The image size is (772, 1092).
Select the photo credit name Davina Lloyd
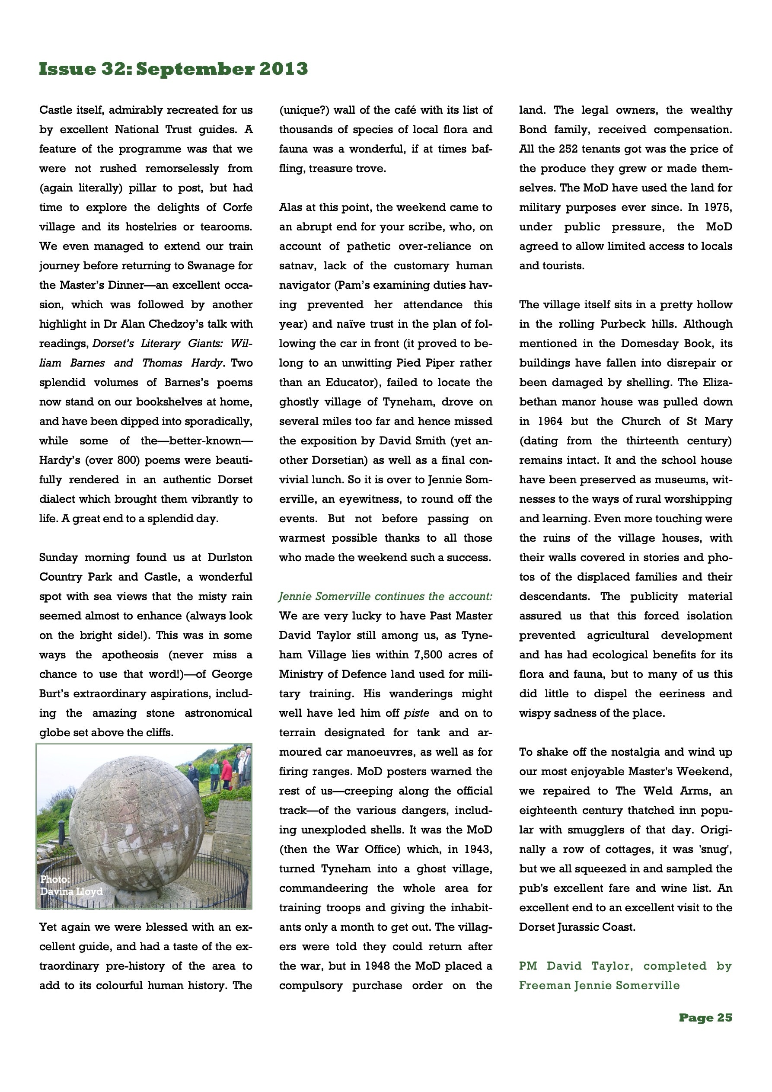coord(71,891)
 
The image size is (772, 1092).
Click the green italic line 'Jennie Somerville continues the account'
coord(385,597)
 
